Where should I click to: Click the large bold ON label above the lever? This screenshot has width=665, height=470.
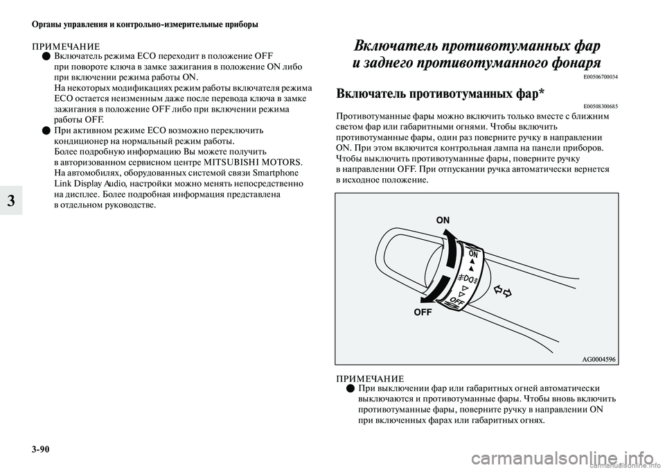click(443, 220)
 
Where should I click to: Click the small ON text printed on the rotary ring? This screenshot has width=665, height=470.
click(473, 254)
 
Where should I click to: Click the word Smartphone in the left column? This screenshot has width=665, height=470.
click(276, 173)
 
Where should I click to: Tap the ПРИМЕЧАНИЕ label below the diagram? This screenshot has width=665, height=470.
click(370, 378)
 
